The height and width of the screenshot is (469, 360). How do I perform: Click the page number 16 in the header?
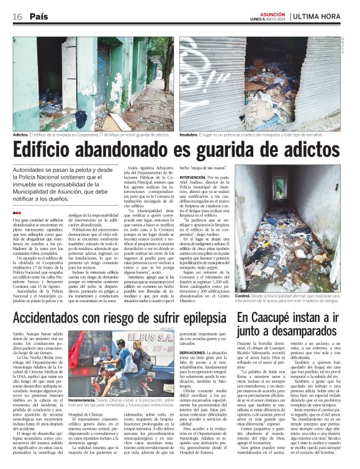pyautogui.click(x=17, y=17)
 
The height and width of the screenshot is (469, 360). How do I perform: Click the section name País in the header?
pyautogui.click(x=39, y=17)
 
